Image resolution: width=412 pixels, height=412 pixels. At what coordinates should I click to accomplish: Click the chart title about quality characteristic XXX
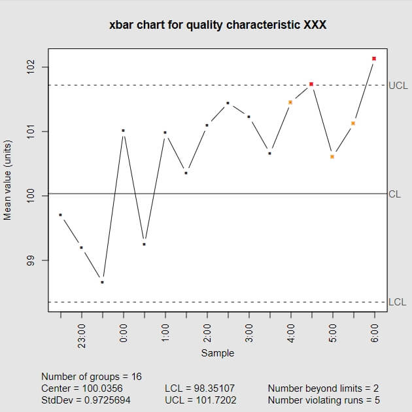[x=218, y=26]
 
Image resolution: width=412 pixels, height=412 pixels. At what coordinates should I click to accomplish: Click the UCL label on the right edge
[x=398, y=85]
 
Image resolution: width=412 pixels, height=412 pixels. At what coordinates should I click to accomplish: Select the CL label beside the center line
[x=394, y=194]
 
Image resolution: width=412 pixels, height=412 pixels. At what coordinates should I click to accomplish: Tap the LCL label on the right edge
[x=398, y=302]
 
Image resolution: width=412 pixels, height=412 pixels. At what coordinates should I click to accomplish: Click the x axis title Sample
[x=217, y=353]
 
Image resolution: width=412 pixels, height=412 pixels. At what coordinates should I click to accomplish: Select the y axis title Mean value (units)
[x=9, y=179]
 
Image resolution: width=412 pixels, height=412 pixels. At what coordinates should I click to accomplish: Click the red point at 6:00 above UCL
[x=374, y=59]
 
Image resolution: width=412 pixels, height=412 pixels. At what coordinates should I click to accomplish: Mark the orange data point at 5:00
[x=332, y=156]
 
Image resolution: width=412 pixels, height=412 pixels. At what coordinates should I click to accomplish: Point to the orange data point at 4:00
[x=290, y=102]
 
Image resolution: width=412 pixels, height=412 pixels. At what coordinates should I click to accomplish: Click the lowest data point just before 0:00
[x=102, y=282]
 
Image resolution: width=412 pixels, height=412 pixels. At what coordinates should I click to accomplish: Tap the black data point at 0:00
[x=123, y=131]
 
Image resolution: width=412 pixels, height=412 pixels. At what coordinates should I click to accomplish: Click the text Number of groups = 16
[x=91, y=377]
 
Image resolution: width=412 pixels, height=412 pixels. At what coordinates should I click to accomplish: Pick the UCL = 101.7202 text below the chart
[x=201, y=400]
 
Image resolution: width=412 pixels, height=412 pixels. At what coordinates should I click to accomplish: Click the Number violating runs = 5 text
[x=324, y=400]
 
